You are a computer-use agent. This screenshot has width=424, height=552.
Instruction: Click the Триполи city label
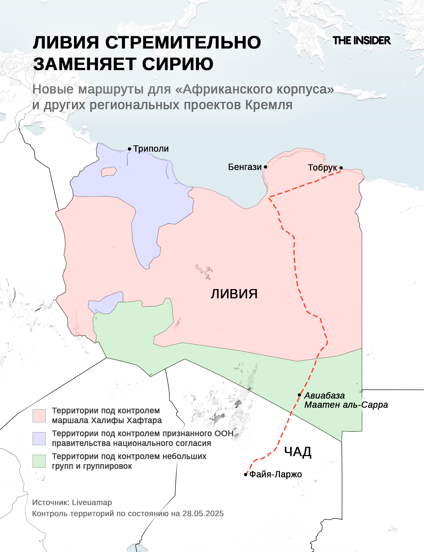coord(151,149)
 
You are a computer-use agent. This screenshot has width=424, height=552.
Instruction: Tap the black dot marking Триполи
coord(129,149)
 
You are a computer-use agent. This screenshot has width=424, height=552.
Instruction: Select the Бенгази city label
coord(245,167)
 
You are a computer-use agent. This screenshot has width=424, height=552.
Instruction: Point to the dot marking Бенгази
coord(265,167)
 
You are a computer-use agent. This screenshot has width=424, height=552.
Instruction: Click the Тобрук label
coord(322,168)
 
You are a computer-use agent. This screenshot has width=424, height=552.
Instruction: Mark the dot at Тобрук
coord(341,168)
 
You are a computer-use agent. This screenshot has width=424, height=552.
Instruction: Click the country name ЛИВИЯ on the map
coord(234,294)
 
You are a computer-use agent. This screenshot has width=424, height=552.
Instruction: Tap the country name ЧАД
coord(297,452)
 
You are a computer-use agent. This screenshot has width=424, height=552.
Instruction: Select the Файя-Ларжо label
coord(276,474)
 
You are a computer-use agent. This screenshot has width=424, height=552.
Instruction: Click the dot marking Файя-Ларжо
coord(246,475)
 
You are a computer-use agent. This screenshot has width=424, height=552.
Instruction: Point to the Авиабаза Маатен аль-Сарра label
coord(346,400)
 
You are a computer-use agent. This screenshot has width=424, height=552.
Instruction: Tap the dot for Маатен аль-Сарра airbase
coord(299,395)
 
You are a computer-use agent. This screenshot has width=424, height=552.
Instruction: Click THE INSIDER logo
coord(361,41)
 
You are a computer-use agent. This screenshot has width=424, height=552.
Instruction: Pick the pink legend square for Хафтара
coord(39,416)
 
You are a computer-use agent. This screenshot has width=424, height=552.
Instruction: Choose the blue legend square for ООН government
coord(39,439)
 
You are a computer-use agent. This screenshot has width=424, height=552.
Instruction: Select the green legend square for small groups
coord(39,461)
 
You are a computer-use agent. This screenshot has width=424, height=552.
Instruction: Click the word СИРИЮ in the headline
coord(178,64)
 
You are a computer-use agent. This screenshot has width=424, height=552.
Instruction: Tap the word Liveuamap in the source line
coord(92,502)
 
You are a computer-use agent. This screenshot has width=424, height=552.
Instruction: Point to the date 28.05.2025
coord(203,513)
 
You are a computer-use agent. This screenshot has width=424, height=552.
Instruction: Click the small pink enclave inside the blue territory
coord(109,171)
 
